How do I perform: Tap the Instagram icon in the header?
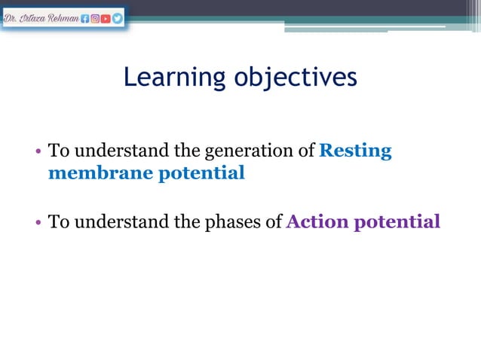(95, 18)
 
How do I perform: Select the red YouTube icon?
(106, 18)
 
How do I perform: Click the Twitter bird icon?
(118, 18)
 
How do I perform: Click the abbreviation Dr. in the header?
(11, 18)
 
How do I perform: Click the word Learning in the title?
(173, 77)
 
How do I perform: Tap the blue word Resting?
(355, 151)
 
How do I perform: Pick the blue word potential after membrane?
(201, 173)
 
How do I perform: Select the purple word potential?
(400, 222)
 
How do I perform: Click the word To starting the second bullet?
(57, 222)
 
